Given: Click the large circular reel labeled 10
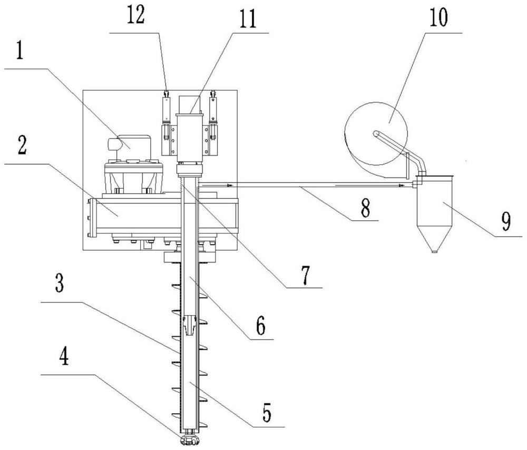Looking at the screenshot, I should coord(376,133).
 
